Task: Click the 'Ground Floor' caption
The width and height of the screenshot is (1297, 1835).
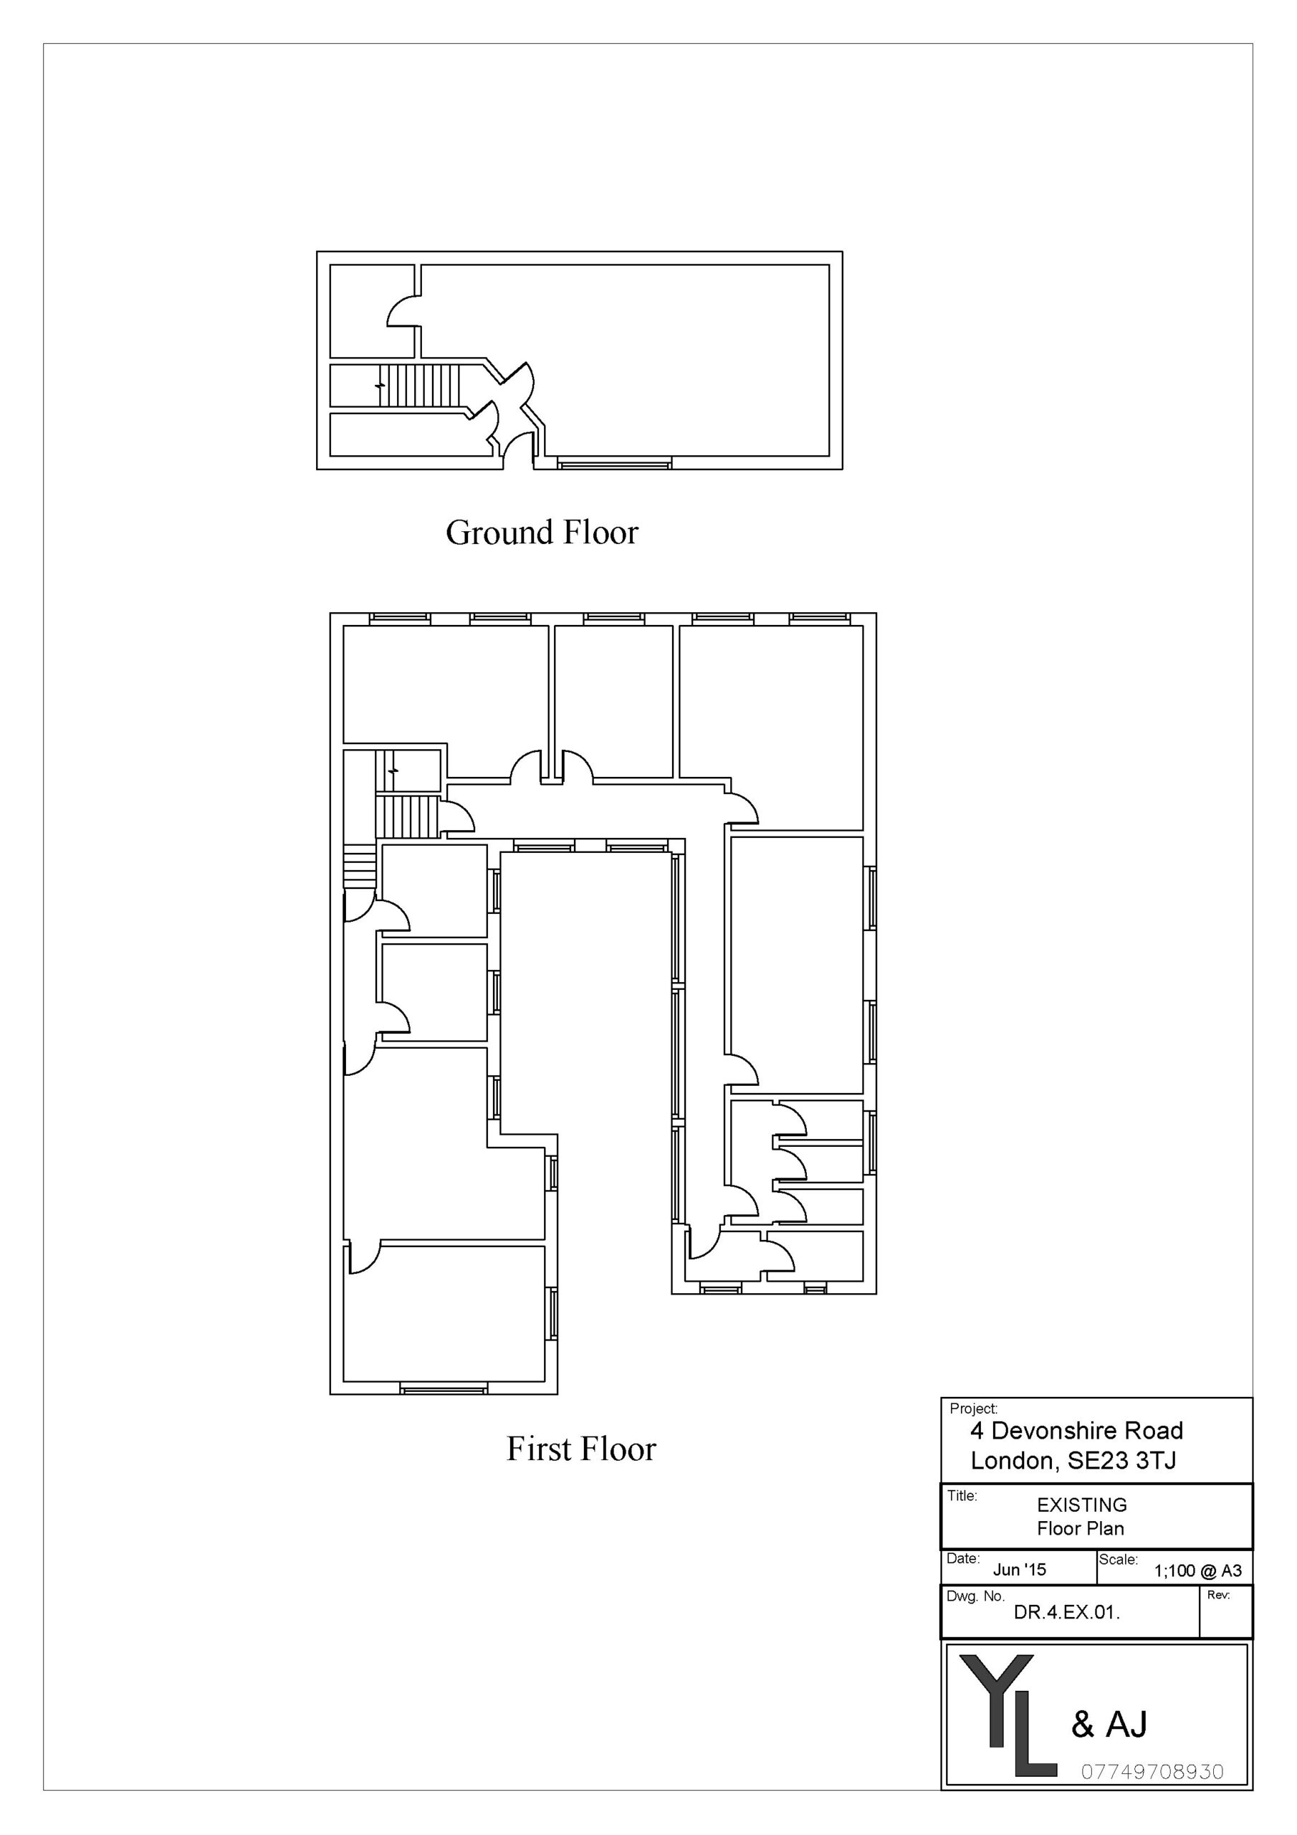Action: [x=542, y=533]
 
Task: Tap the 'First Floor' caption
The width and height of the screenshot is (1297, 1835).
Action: [x=581, y=1449]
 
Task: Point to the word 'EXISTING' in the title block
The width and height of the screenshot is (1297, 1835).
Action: [x=1082, y=1505]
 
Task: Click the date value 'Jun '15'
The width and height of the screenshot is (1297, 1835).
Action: [x=1020, y=1570]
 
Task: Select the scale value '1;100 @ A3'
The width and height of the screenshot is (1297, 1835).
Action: [x=1198, y=1571]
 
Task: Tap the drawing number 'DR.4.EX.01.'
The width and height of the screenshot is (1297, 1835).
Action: [x=1067, y=1613]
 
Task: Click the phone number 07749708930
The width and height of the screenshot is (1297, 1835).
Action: [x=1152, y=1772]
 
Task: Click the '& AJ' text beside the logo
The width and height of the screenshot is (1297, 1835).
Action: [x=1109, y=1725]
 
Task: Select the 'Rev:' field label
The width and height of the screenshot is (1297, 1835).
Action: [x=1219, y=1596]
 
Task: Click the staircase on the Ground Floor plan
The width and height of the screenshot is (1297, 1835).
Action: [x=419, y=385]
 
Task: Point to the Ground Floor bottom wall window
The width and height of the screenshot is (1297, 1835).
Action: [x=615, y=463]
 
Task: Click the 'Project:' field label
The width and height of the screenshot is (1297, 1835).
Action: [x=973, y=1409]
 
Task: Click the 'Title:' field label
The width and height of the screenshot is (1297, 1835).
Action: [x=962, y=1495]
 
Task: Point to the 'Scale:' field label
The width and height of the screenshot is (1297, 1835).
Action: [x=1118, y=1559]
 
